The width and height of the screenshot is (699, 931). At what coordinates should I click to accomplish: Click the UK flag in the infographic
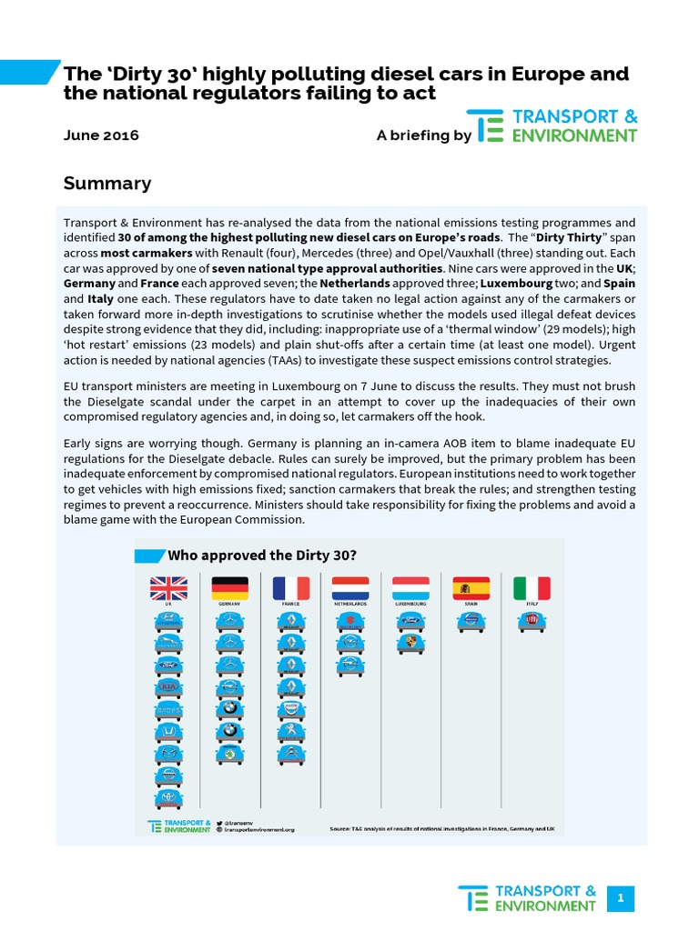168,588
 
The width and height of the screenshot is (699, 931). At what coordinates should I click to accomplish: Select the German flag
229,588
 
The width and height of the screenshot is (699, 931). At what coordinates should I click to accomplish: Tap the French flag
290,588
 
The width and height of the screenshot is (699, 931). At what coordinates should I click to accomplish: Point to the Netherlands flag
350,588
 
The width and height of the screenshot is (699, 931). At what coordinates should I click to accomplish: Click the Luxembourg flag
410,588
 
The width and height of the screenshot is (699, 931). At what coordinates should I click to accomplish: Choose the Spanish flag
471,588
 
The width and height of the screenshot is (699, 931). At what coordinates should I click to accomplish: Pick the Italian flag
532,588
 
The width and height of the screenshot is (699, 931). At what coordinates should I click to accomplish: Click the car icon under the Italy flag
532,621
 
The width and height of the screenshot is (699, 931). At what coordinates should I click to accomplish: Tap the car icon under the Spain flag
471,621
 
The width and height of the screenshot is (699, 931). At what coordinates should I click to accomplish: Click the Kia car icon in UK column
168,688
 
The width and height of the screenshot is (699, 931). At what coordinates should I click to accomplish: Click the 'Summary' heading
107,184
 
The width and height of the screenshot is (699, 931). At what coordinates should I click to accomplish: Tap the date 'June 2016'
101,135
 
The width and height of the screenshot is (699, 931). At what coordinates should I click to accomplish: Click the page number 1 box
620,898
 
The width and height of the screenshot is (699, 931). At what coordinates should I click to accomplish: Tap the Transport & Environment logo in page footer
528,898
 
